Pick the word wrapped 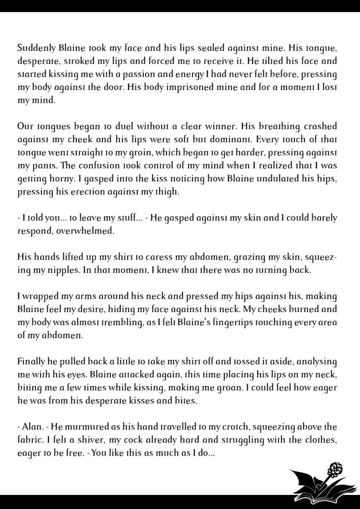(36, 297)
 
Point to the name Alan (31, 427)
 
